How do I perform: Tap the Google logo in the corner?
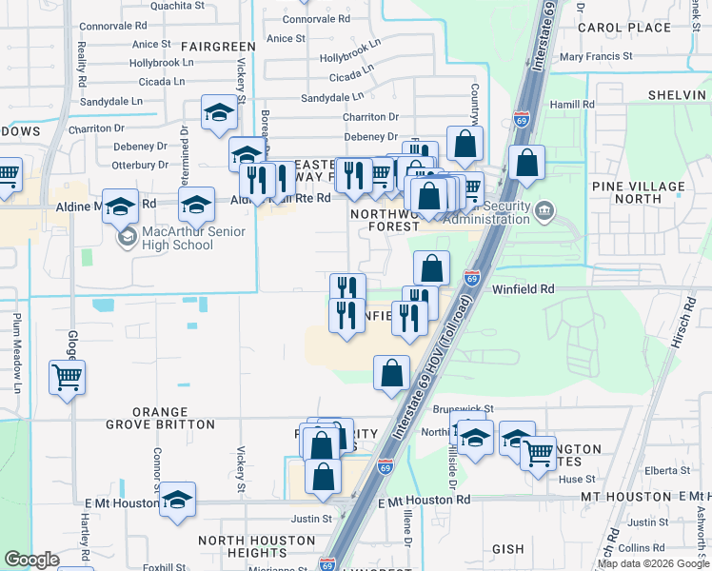[32, 560]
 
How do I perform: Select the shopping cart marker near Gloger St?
[67, 379]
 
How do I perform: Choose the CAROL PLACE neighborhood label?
[623, 28]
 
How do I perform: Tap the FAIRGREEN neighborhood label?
[218, 46]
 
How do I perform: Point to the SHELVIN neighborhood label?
[675, 95]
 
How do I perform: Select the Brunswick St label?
[463, 408]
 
